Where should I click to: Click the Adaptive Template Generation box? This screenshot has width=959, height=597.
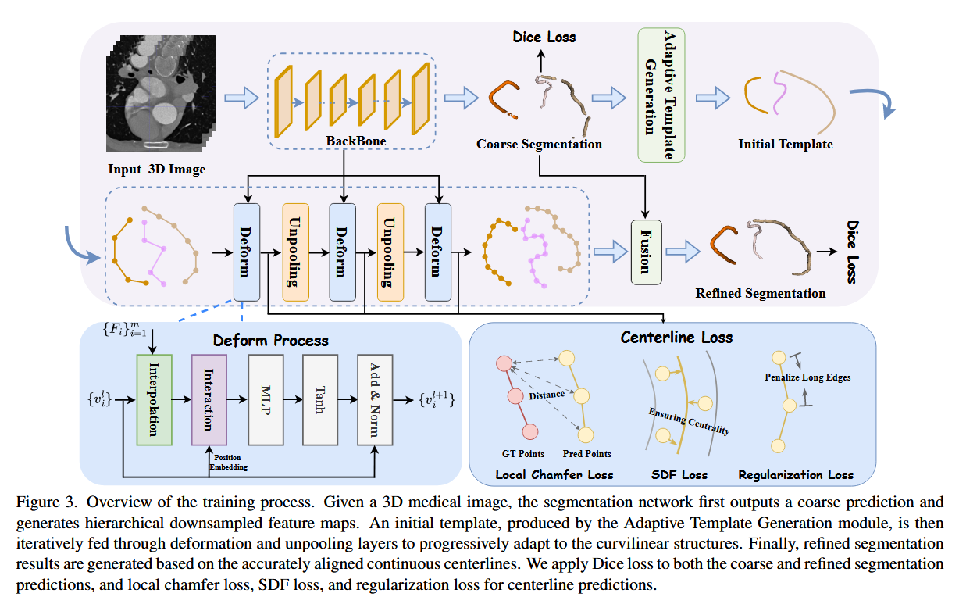tap(661, 95)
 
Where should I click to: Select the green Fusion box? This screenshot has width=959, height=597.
tap(645, 253)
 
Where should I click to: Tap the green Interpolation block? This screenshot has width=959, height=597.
tap(154, 399)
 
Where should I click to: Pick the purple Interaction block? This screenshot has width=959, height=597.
tap(209, 399)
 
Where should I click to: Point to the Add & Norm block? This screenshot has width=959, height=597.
tap(374, 399)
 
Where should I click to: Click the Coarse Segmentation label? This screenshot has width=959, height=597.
tap(539, 145)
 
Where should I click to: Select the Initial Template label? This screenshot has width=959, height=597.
tap(785, 144)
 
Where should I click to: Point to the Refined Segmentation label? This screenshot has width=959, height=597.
tap(760, 294)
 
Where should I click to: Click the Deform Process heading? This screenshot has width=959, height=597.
tap(271, 341)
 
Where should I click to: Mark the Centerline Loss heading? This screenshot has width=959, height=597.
tap(676, 338)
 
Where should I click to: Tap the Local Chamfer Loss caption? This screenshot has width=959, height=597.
tap(554, 474)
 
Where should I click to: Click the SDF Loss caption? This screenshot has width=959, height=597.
tap(679, 474)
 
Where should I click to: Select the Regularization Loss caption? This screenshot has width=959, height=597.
tap(796, 474)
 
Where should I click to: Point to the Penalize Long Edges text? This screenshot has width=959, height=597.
tap(807, 377)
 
